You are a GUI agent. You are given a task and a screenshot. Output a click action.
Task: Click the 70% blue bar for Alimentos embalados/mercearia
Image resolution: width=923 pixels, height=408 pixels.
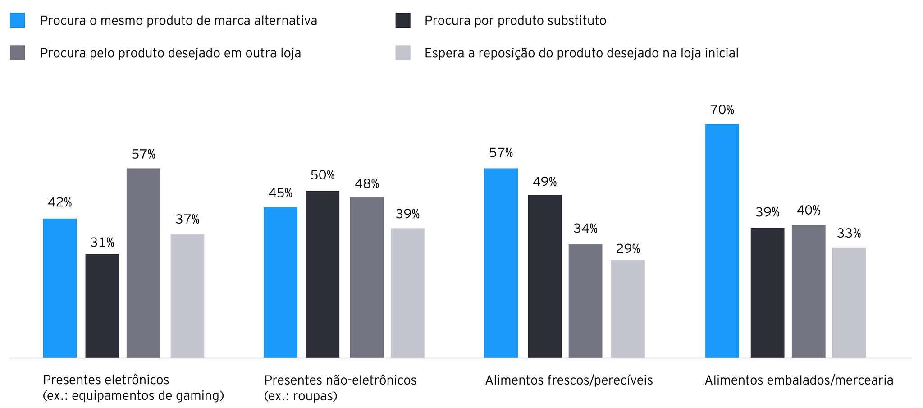pos(722,241)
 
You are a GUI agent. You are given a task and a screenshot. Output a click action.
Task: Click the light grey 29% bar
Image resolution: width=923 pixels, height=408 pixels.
pos(628,309)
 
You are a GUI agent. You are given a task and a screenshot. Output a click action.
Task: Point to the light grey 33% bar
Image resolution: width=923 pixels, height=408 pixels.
pos(849,303)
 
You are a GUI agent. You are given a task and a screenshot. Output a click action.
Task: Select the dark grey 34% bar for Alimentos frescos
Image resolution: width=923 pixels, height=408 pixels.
pos(585,301)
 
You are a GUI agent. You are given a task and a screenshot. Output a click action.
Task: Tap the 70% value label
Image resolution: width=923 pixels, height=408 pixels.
pos(722,110)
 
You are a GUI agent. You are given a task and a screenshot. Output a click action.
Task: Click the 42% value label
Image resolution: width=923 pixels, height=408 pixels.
pos(60,203)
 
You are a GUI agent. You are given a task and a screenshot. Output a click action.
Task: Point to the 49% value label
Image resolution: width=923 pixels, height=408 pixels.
pos(545,182)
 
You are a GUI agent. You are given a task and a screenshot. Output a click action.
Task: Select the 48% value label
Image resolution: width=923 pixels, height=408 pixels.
pos(367,184)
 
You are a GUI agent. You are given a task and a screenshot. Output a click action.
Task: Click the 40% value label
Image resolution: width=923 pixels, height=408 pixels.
pos(809,211)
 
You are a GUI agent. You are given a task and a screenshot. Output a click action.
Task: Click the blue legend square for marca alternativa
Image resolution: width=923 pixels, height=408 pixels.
pos(18,21)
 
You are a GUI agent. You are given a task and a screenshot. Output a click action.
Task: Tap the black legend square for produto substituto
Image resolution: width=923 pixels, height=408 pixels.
pos(403,21)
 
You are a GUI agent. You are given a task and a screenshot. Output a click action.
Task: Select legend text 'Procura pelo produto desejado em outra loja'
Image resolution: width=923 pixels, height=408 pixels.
pos(170,53)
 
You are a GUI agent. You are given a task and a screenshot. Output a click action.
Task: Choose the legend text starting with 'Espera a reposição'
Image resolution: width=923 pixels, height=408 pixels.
pos(581,53)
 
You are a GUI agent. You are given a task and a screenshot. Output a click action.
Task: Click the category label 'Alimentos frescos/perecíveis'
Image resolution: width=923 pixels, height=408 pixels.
pos(569,380)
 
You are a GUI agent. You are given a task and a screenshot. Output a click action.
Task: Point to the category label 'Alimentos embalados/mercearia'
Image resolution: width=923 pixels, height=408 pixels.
pos(799,380)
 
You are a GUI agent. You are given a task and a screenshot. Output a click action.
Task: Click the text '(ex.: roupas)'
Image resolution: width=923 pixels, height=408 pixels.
pos(301,396)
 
